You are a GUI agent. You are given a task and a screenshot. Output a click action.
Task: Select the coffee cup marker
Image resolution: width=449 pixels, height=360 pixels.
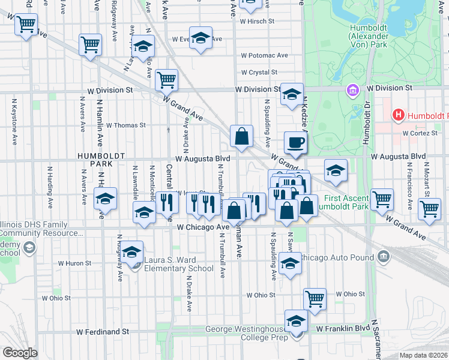[295, 143]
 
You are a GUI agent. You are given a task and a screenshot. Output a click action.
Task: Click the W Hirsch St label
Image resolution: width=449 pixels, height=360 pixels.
[256, 21]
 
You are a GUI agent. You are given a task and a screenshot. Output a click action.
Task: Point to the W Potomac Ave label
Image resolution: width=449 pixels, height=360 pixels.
[264, 55]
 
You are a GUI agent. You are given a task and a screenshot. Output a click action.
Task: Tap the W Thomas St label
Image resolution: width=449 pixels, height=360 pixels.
[126, 125]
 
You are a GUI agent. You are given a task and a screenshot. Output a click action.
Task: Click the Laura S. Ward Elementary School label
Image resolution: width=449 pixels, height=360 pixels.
[179, 265]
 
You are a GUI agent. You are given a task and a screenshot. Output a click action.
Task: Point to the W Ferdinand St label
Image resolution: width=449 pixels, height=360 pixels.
[103, 331]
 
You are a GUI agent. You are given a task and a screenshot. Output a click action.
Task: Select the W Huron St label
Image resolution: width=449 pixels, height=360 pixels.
[74, 263]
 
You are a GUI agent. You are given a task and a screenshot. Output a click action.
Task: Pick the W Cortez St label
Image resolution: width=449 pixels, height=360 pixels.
[422, 133]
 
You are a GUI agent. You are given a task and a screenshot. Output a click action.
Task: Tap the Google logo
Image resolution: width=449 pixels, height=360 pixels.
[20, 353]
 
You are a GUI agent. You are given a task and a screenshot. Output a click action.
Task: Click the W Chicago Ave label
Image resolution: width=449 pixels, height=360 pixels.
[203, 227]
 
